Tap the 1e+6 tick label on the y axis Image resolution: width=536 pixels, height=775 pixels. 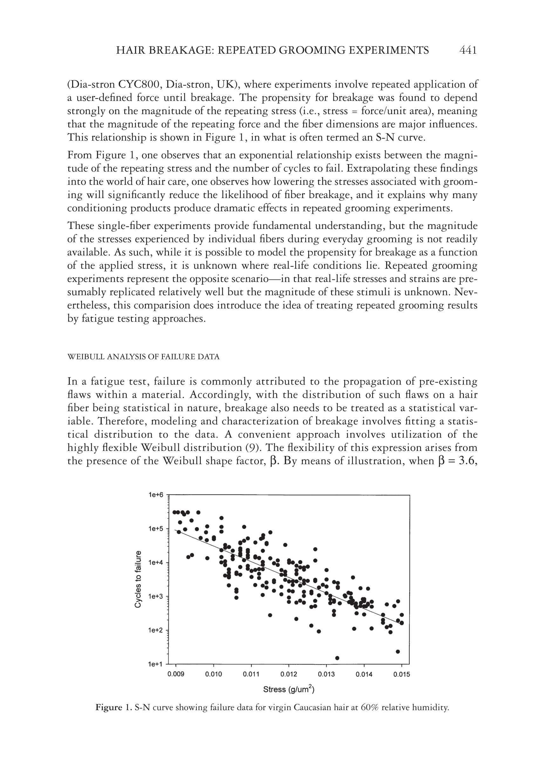[155, 495]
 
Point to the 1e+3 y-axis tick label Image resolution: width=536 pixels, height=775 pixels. [155, 596]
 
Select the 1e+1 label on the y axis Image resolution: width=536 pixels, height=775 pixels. [155, 664]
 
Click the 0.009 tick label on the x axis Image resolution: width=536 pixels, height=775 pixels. [176, 675]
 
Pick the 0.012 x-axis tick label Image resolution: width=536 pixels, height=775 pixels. [289, 675]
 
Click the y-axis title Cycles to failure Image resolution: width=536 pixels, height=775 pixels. [138, 579]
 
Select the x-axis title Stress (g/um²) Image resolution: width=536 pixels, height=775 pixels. [288, 690]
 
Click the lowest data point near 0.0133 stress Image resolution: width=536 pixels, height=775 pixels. [337, 658]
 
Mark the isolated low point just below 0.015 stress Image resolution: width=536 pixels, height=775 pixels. [398, 651]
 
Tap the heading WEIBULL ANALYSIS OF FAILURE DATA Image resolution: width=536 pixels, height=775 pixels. [143, 357]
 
